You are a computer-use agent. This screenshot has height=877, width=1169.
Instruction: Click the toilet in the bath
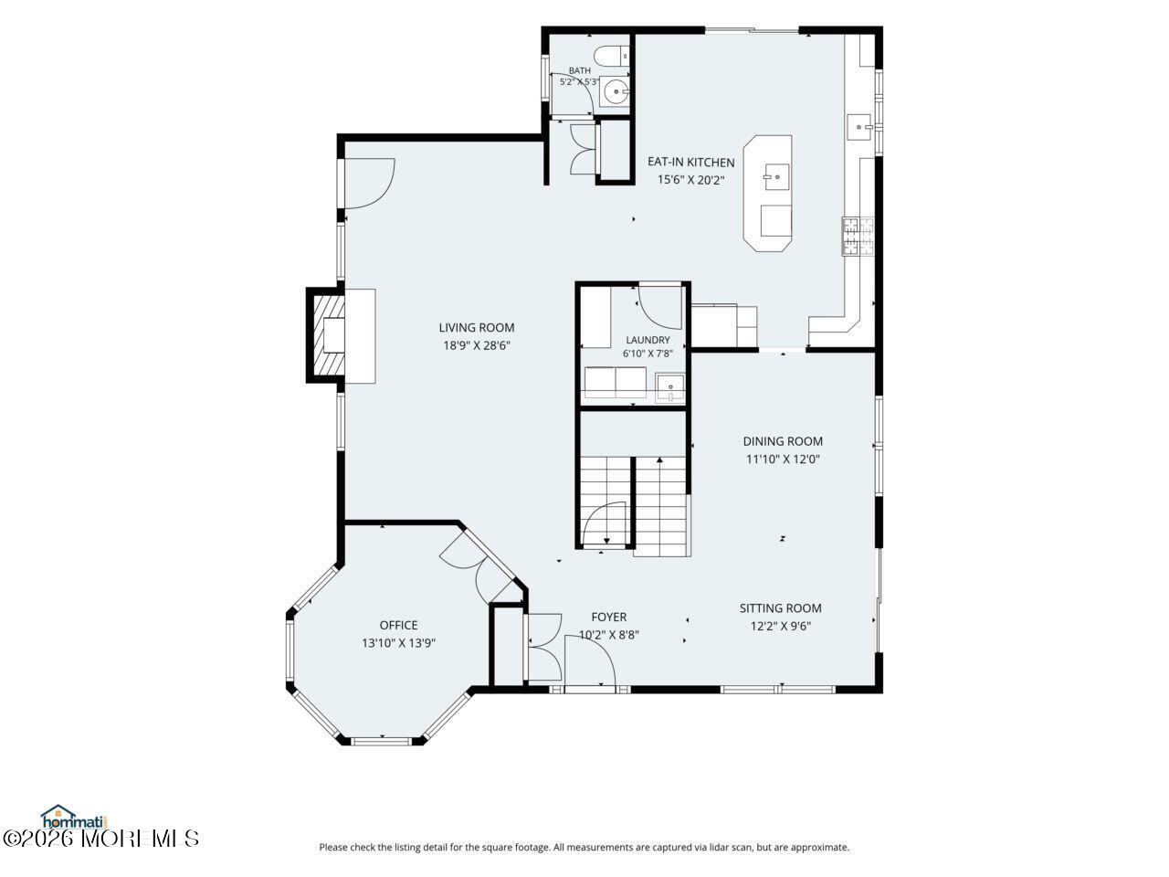(x=611, y=56)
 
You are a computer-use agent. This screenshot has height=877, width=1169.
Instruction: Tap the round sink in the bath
(x=616, y=92)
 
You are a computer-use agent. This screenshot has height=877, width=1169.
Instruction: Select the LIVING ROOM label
(x=477, y=327)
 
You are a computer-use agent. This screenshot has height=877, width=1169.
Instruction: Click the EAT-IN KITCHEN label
(x=690, y=162)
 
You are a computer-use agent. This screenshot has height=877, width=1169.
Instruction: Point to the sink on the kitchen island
(x=776, y=177)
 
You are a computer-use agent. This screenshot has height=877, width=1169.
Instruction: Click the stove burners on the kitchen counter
(x=858, y=237)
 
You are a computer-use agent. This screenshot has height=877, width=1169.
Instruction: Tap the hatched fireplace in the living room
(x=326, y=335)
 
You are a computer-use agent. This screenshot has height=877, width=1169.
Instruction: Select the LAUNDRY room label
(x=648, y=340)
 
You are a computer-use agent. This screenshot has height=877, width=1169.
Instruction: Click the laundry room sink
(x=669, y=387)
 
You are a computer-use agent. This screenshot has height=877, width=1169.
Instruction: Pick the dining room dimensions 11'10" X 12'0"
(x=783, y=459)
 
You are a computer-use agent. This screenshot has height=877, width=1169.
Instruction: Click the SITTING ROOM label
(x=780, y=608)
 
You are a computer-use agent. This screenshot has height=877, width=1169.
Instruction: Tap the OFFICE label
(x=398, y=625)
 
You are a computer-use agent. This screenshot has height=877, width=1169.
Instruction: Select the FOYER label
(x=609, y=618)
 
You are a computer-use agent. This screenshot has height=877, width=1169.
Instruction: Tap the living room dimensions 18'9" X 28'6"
(x=477, y=345)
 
